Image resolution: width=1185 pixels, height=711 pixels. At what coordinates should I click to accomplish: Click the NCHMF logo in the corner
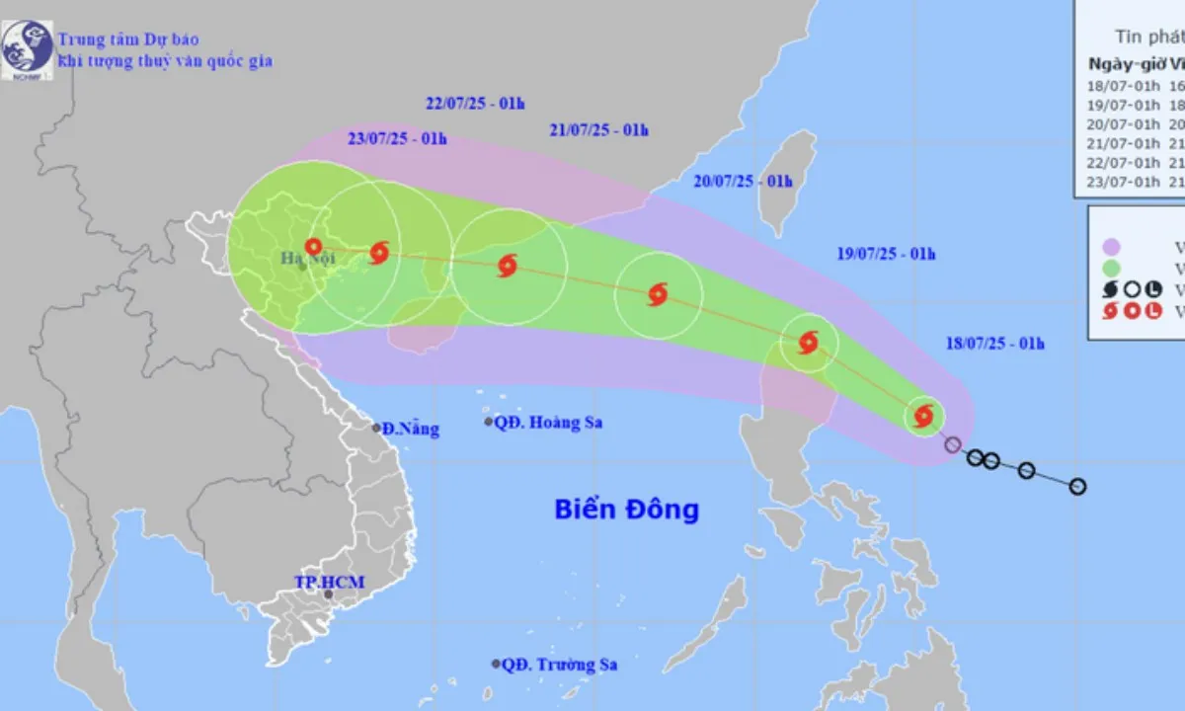pos(27,49)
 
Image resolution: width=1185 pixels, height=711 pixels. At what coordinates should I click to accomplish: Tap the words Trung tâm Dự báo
pos(128,39)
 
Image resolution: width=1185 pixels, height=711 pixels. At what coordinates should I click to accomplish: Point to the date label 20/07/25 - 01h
pos(744,181)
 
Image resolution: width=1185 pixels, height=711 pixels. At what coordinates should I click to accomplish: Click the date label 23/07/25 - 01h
pos(396,138)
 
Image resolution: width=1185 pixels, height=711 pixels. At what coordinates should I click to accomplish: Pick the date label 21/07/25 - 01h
pos(598,129)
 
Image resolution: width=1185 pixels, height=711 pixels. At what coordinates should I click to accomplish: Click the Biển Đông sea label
pos(626,510)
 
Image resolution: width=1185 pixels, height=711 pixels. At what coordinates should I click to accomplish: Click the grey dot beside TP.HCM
pos(328,594)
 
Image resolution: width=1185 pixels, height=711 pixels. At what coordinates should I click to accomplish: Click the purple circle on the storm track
pos(952,444)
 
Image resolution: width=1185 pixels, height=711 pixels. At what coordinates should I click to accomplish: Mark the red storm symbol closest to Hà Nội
pos(314,247)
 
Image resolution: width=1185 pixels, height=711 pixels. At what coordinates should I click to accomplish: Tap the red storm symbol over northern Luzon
pos(808,343)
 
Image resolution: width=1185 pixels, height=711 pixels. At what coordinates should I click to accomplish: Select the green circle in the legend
pos(1111,268)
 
